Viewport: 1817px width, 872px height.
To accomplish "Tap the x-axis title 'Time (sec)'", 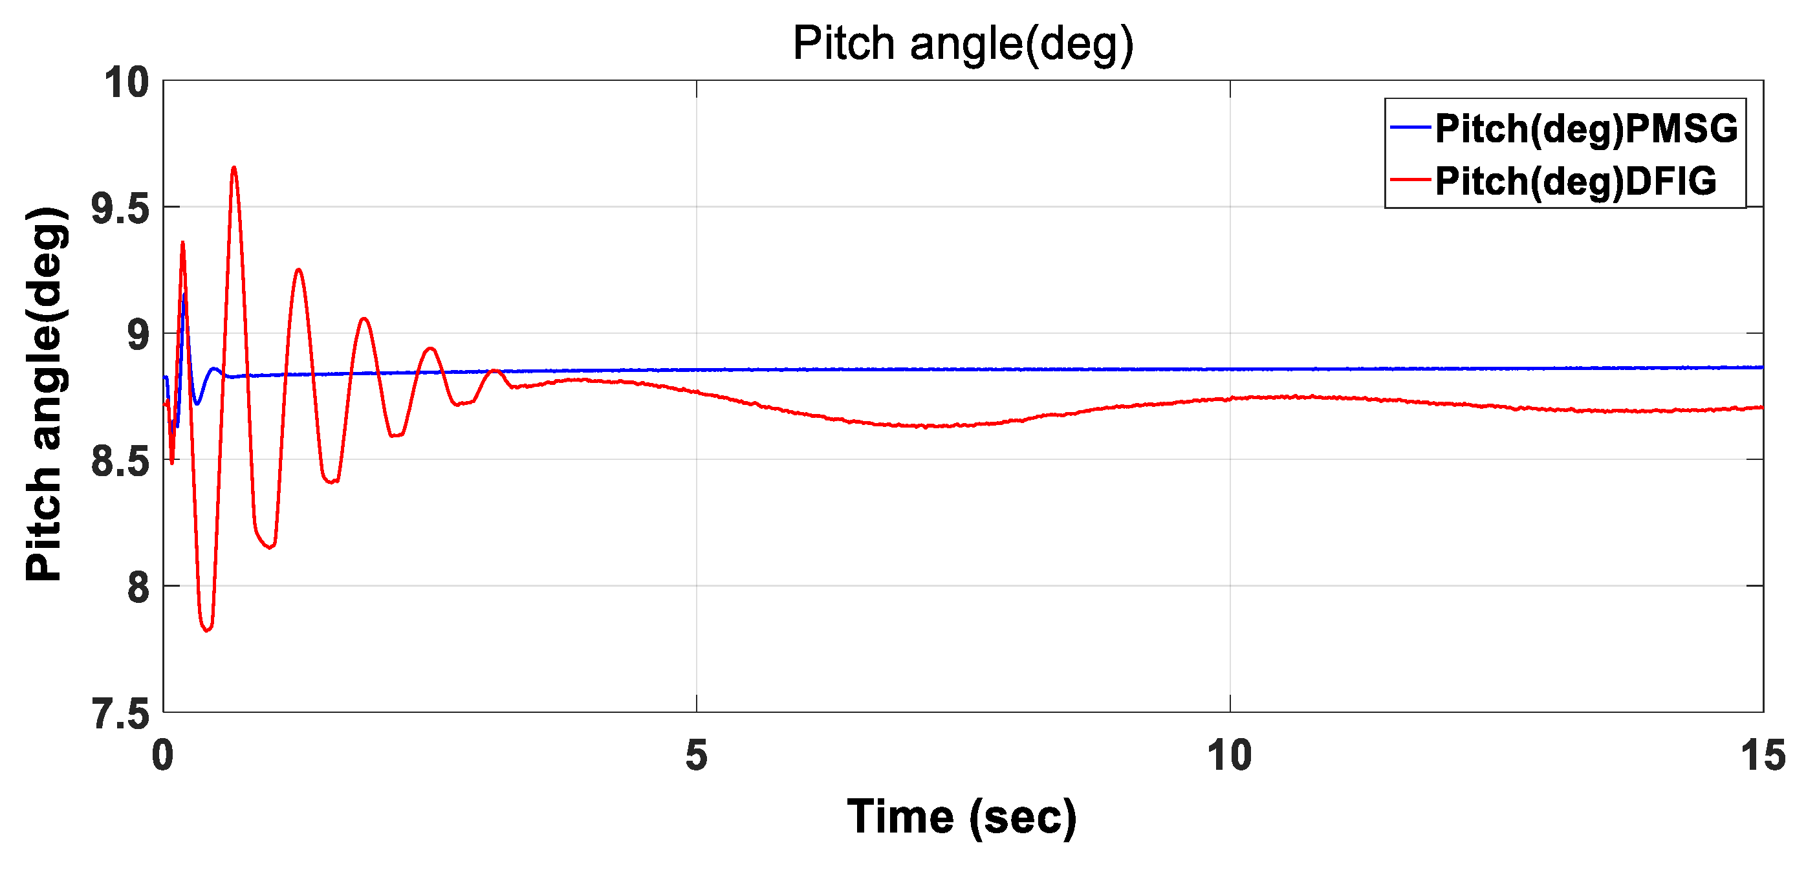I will pyautogui.click(x=961, y=817).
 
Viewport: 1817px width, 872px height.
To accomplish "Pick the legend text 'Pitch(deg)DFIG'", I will pyautogui.click(x=1575, y=181).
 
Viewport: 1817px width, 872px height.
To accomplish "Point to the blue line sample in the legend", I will pyautogui.click(x=1410, y=127).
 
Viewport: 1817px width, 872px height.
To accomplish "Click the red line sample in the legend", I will pyautogui.click(x=1410, y=180).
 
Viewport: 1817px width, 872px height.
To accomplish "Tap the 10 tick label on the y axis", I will pyautogui.click(x=127, y=83).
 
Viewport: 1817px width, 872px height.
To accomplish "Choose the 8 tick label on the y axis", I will pyautogui.click(x=138, y=587).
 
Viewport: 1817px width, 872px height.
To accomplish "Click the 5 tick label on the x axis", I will pyautogui.click(x=696, y=756).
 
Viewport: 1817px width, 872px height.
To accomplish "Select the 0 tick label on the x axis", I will pyautogui.click(x=163, y=756).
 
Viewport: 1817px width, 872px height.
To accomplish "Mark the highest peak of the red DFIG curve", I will pyautogui.click(x=234, y=168).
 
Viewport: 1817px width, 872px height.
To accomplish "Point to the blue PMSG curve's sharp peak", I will pyautogui.click(x=185, y=294).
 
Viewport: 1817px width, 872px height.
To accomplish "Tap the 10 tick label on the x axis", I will pyautogui.click(x=1230, y=756).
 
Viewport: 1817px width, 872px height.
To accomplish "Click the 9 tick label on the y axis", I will pyautogui.click(x=138, y=335).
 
